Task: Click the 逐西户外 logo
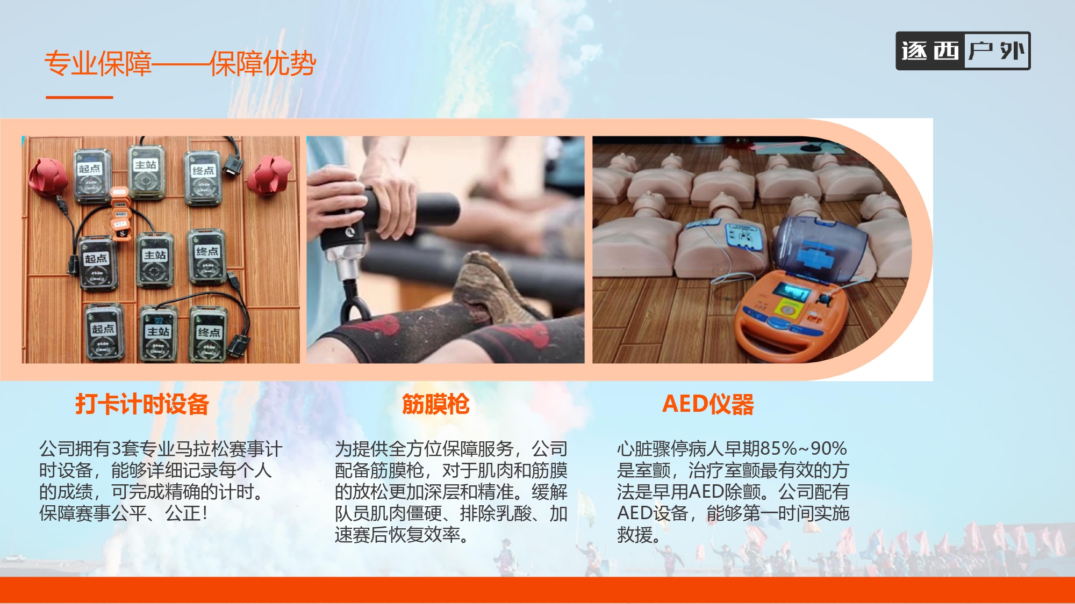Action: tap(963, 51)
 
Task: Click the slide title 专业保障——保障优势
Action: tap(180, 63)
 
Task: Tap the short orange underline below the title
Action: tap(80, 97)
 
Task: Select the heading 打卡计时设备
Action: tap(142, 404)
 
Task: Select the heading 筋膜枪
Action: tap(435, 404)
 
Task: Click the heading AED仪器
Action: tap(708, 404)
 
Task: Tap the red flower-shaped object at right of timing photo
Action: tap(270, 174)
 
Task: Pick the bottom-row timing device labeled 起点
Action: tap(104, 333)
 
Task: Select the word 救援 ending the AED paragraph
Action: tap(635, 535)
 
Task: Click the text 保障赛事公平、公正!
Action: tap(123, 513)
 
